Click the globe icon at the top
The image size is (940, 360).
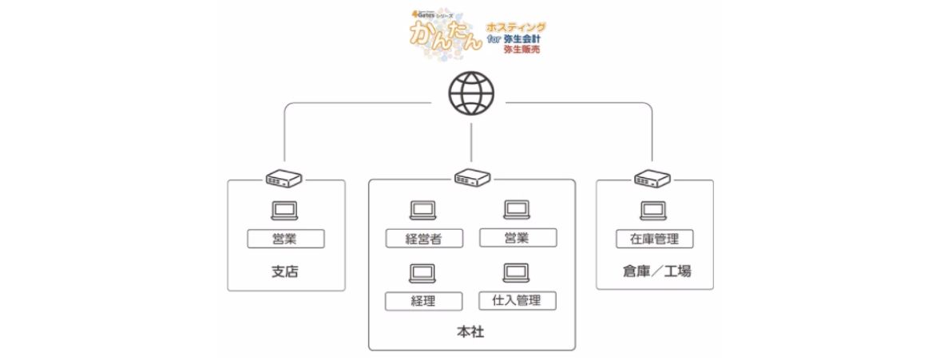tap(473, 93)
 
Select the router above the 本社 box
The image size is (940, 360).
tap(473, 178)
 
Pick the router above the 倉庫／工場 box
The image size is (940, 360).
tap(652, 179)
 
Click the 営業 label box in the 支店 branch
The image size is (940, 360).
tap(285, 238)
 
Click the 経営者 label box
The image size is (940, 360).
tap(424, 239)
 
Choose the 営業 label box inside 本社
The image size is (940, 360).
tap(517, 238)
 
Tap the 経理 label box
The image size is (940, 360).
tap(424, 301)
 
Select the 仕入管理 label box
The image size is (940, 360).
tap(517, 300)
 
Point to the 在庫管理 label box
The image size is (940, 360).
tap(654, 238)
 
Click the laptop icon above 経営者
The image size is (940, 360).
tap(422, 210)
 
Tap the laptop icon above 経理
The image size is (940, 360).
tap(422, 274)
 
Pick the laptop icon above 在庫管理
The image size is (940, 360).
tap(653, 210)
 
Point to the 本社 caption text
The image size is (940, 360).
tap(471, 331)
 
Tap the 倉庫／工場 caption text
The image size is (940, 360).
tap(655, 271)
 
